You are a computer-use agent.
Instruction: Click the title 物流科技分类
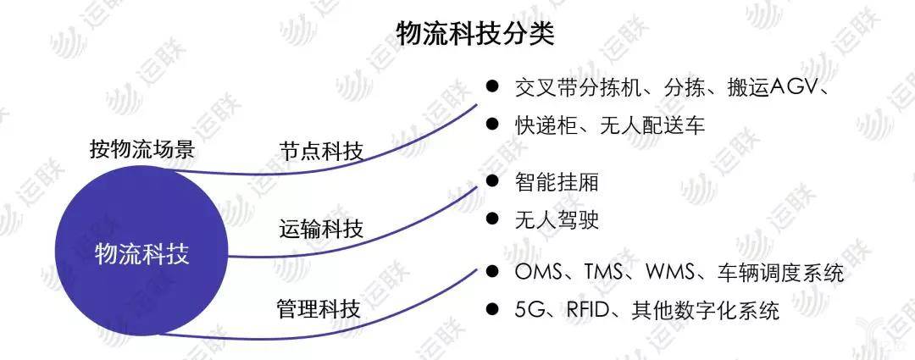[x=475, y=34]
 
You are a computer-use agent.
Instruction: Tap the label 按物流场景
[x=142, y=149]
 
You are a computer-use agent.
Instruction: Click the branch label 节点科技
[x=322, y=151]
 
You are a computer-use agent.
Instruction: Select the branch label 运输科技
[x=322, y=228]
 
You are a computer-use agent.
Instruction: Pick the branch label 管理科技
[x=319, y=308]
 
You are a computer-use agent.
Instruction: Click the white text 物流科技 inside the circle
[x=141, y=255]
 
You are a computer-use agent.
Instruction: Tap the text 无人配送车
[x=652, y=125]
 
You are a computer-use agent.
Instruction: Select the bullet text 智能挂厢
[x=557, y=183]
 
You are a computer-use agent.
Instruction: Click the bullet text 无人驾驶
[x=557, y=219]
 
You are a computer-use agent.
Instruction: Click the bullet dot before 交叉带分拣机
[x=492, y=86]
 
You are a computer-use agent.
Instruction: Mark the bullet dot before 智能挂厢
[x=492, y=181]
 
